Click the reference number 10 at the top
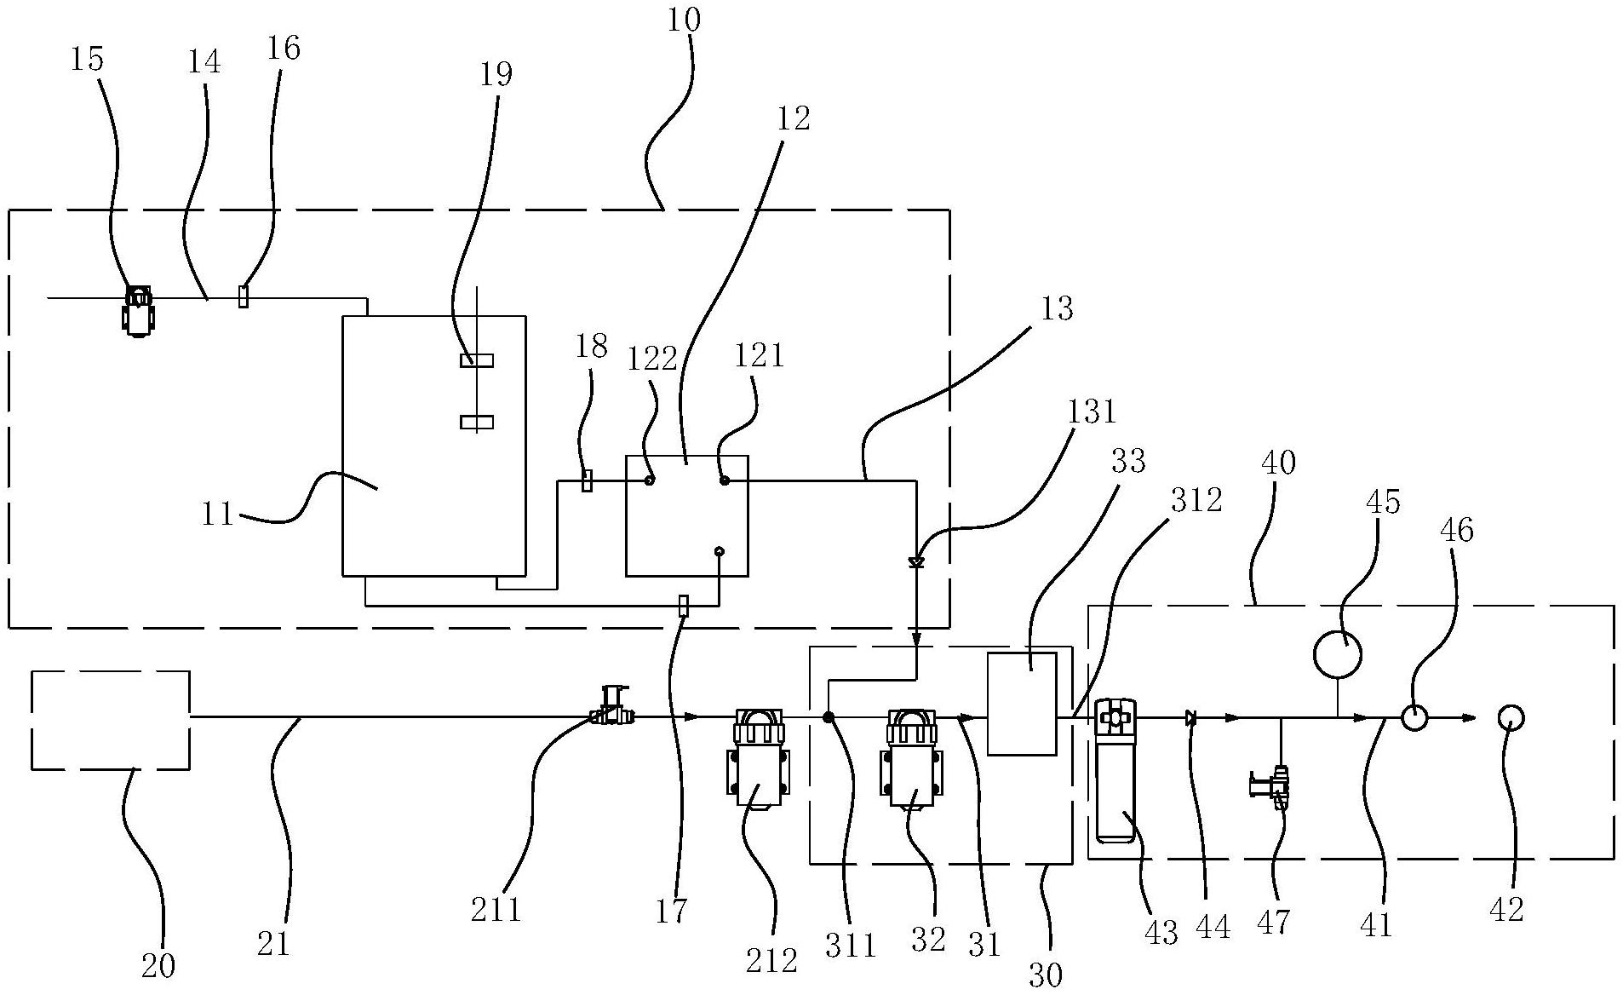684,19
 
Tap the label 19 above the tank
496,75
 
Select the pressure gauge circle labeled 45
1337,654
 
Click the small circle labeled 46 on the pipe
1414,718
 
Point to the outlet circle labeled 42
1511,718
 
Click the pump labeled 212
758,756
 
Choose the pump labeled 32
912,756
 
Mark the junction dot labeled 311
828,718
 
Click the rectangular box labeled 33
1022,704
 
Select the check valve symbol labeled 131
916,563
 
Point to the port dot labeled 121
725,480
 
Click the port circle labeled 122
649,480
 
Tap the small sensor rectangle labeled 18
587,480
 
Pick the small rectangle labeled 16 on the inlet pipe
243,297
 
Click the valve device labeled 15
138,310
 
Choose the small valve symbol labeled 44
1190,718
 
